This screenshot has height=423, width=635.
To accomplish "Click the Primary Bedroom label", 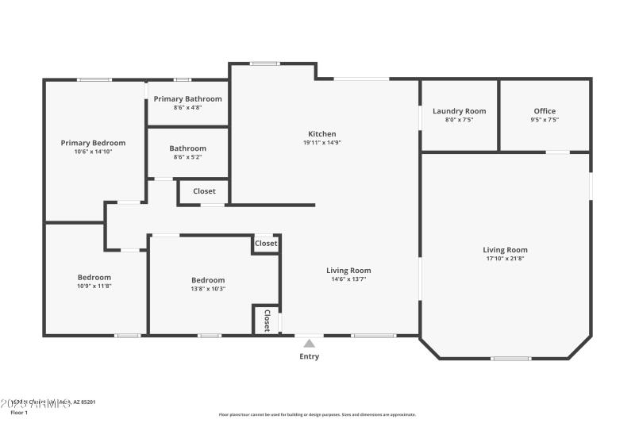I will (x=93, y=143).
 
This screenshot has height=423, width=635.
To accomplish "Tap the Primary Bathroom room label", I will (x=188, y=98).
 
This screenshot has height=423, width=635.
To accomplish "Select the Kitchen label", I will (x=322, y=134).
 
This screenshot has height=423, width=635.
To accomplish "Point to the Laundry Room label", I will (x=459, y=111).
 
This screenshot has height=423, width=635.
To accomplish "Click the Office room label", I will (x=545, y=111).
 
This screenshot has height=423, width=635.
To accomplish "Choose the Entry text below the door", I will (x=309, y=356).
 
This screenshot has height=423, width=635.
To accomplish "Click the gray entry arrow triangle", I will (x=309, y=343).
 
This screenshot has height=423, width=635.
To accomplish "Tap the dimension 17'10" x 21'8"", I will (x=506, y=259).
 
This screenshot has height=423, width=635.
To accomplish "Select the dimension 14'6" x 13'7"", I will (x=348, y=279).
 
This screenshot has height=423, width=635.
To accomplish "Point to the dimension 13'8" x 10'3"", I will (x=208, y=289).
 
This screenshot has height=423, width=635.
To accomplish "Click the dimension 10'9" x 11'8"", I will (x=94, y=286).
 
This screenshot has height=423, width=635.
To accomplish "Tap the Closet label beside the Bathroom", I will (x=204, y=191).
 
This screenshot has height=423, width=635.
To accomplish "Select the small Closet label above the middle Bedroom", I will (x=266, y=244).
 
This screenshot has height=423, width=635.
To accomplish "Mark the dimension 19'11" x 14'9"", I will (x=322, y=143).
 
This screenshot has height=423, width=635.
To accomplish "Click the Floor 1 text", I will (x=19, y=413).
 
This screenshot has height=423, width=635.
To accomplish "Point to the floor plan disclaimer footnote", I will (x=317, y=414).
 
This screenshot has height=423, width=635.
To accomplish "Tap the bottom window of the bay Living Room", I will (x=510, y=359).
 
